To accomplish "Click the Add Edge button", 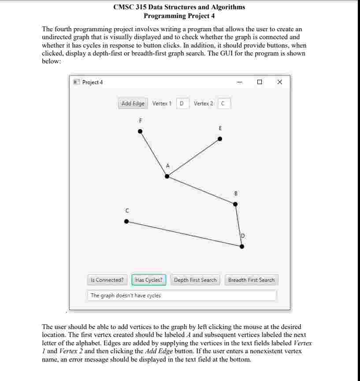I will (x=133, y=104).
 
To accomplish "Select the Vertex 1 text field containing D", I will (x=182, y=104).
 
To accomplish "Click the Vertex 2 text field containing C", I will (x=223, y=104).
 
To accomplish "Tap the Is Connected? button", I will (x=107, y=280).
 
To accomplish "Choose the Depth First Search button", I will (x=195, y=280).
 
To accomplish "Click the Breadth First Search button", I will (x=251, y=280).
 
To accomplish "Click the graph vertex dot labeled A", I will (x=167, y=176).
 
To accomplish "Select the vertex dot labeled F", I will (x=140, y=131).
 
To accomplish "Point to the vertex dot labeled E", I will (x=220, y=139).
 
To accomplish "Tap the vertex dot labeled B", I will (x=235, y=204).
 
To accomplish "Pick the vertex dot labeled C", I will (x=126, y=222).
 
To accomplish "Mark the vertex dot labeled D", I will (x=241, y=246).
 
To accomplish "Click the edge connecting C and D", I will (x=184, y=234).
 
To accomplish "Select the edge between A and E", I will (x=193, y=157).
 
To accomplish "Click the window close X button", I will (x=279, y=82).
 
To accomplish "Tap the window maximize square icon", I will (x=260, y=82).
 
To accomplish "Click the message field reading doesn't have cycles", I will (x=182, y=296).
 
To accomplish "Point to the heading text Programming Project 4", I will (x=179, y=16).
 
